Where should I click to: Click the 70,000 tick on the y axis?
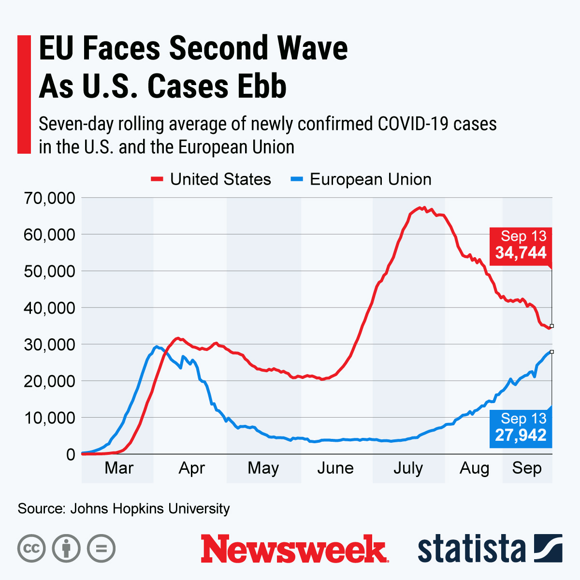point(49,198)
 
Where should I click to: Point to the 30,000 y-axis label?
point(49,345)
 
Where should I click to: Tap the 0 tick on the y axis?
point(71,454)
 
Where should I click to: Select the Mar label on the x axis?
point(119,468)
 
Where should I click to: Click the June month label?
point(335,468)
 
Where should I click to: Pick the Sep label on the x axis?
point(527,468)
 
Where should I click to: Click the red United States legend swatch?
point(157,179)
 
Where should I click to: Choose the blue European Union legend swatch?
point(296,179)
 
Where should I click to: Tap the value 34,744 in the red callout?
point(521,252)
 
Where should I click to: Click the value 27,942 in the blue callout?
point(521,435)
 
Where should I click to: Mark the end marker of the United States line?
point(551,326)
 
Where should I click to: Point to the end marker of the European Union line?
point(551,352)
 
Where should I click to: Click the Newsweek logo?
point(294,549)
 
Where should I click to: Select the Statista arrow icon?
point(548,548)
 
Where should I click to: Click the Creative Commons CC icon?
point(31,549)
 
